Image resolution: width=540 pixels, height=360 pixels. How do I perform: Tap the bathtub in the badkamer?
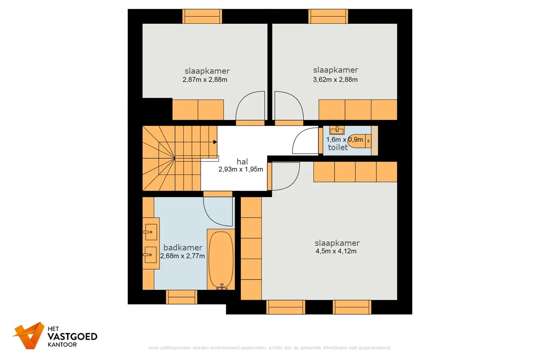221,259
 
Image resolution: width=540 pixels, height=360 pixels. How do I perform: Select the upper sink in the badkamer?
150,232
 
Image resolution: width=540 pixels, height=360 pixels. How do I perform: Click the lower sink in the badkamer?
150,255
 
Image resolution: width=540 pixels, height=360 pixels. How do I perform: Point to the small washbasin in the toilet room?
337,130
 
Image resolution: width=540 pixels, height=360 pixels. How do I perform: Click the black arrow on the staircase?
215,142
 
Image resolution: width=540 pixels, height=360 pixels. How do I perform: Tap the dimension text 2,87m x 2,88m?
205,80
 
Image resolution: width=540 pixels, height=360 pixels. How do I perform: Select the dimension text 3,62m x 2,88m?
335,80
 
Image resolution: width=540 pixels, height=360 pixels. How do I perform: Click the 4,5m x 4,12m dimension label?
336,251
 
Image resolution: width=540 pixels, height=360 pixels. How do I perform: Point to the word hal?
242,162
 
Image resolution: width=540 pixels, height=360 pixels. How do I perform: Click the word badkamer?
183,248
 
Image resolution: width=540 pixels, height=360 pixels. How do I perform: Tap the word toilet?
337,147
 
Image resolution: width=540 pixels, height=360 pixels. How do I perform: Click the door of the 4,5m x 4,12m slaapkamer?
285,176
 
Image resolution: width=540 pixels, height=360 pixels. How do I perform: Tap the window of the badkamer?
181,297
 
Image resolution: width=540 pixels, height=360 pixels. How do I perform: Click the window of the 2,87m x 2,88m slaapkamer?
202,16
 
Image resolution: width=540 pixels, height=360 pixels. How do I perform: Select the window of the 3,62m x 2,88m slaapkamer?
328,16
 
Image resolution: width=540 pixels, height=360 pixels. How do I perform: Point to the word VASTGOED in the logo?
72,337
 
